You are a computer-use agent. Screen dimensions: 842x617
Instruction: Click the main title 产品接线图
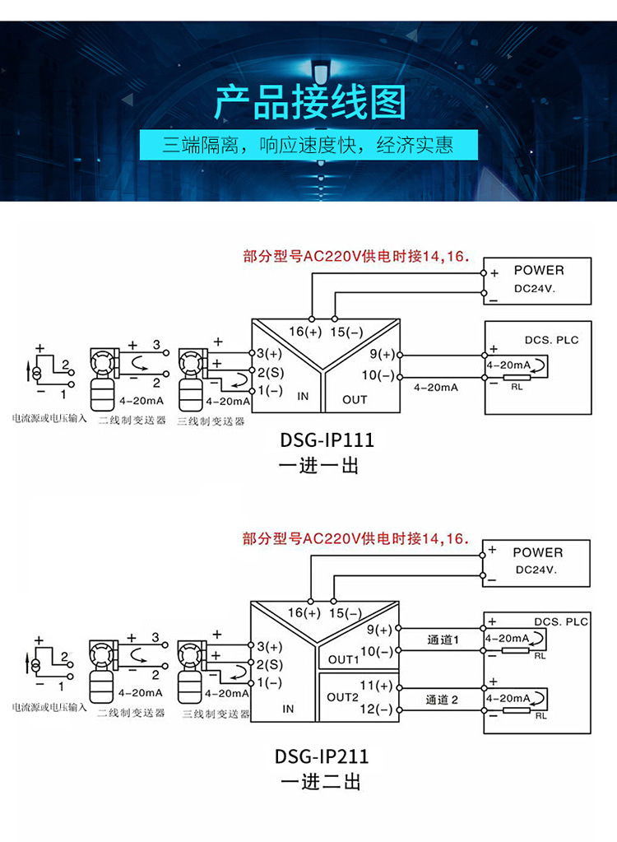pyautogui.click(x=309, y=104)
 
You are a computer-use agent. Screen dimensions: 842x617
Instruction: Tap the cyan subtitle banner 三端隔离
pyautogui.click(x=308, y=147)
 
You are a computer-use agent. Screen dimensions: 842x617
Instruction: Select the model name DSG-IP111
pyautogui.click(x=327, y=440)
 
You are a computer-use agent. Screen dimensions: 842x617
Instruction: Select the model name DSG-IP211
pyautogui.click(x=322, y=756)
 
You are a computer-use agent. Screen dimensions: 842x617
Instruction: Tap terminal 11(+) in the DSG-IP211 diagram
pyautogui.click(x=377, y=685)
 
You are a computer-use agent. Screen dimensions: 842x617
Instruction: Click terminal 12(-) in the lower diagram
pyautogui.click(x=377, y=708)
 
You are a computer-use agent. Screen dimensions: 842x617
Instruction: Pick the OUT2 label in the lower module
pyautogui.click(x=343, y=696)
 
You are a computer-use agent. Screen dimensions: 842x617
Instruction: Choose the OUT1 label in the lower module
pyautogui.click(x=343, y=659)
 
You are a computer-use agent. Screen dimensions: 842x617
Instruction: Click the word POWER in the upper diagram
pyautogui.click(x=539, y=270)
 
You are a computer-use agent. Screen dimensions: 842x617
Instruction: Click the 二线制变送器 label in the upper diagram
pyautogui.click(x=132, y=420)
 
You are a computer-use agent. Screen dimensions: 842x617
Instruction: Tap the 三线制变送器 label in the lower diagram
pyautogui.click(x=216, y=714)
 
